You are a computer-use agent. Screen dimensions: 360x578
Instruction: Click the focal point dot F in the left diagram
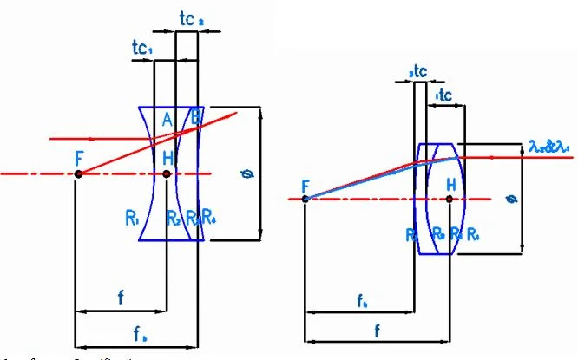click(x=78, y=174)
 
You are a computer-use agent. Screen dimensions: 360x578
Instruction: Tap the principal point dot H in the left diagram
click(x=167, y=174)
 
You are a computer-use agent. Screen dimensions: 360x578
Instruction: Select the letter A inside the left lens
click(x=168, y=121)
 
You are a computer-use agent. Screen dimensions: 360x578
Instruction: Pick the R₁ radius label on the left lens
click(x=133, y=219)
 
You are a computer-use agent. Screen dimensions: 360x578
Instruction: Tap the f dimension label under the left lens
click(x=120, y=298)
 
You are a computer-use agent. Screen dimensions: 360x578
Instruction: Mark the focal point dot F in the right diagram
click(x=305, y=199)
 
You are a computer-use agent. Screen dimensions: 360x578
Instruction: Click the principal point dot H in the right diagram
click(x=449, y=199)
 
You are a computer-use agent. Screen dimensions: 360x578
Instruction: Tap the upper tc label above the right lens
click(x=417, y=71)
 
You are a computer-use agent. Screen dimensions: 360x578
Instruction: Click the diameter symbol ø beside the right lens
click(x=513, y=200)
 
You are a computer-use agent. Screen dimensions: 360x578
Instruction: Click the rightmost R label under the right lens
click(x=471, y=233)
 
